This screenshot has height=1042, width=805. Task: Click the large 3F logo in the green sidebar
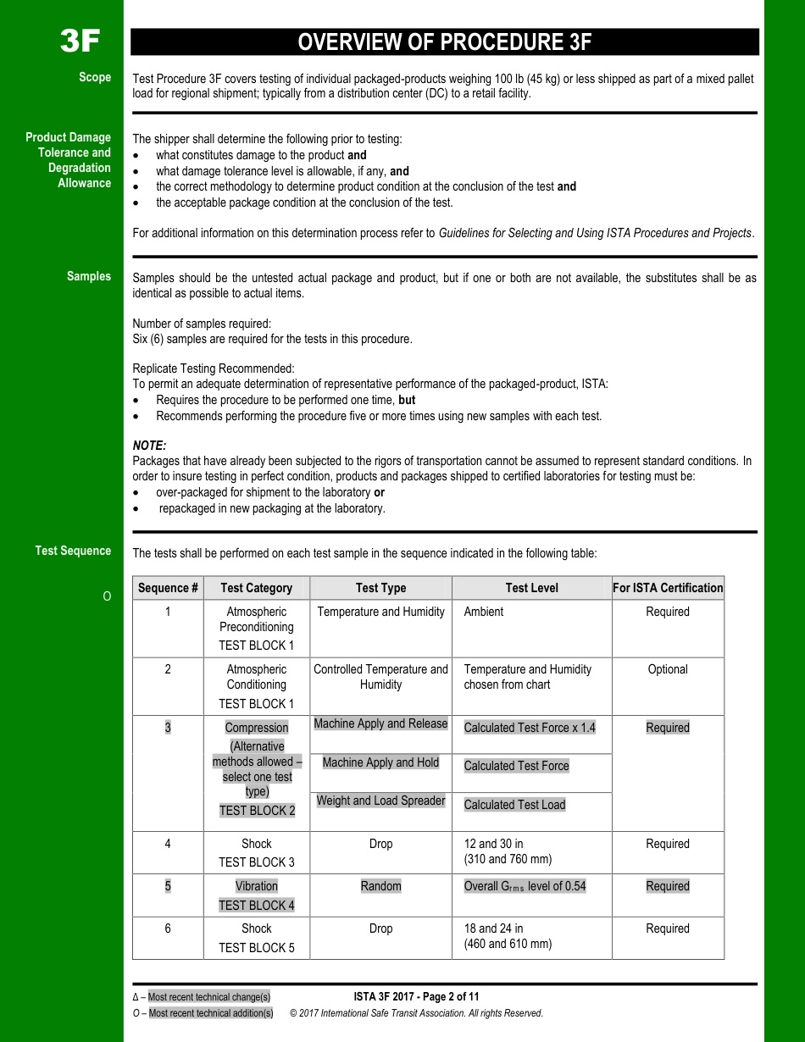pos(80,41)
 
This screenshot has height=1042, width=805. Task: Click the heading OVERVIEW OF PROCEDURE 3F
pos(444,42)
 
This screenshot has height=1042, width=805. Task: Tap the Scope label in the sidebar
pos(95,77)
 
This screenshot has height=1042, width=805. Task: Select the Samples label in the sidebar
pos(89,276)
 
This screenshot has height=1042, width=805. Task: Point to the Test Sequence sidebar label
pos(73,551)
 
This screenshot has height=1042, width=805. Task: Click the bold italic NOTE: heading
pos(149,446)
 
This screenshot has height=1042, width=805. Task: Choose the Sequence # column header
pos(168,588)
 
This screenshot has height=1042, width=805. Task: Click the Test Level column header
pos(531,588)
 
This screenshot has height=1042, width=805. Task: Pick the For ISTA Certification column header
pos(668,588)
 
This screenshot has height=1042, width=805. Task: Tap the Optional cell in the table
pos(668,669)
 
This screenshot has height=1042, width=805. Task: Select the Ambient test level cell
pos(483,612)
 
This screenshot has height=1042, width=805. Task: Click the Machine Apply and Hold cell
pos(380,762)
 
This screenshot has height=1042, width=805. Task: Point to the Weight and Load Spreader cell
pos(380,801)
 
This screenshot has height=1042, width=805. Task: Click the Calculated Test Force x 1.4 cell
pos(530,728)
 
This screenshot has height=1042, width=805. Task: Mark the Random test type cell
pos(380,886)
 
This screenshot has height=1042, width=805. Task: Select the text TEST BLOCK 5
pos(257,948)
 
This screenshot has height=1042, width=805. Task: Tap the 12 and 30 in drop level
pos(493,844)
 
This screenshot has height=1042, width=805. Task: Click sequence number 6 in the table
pos(168,928)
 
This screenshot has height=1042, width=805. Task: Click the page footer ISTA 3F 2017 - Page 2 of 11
pos(416,997)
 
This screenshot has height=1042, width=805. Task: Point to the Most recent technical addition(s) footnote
pos(211,1013)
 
